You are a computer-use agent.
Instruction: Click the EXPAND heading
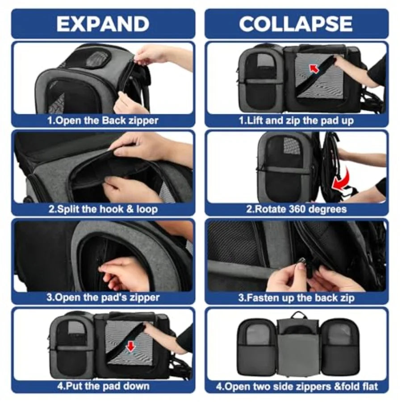coord(103,24)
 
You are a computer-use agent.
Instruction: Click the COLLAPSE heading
coord(296,24)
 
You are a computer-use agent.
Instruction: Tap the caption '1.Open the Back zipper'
coord(103,120)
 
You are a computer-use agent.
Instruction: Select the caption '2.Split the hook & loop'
coord(103,209)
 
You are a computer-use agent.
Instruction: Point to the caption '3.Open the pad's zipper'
coord(103,297)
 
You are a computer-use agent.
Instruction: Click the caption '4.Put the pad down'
coord(103,386)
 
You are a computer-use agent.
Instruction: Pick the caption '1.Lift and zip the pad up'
coord(297,120)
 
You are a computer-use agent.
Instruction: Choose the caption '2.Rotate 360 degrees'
coord(297,209)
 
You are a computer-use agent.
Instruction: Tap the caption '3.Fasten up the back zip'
coord(297,297)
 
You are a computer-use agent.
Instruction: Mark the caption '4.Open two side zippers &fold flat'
coord(297,386)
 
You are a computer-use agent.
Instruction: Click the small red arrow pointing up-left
coord(314,69)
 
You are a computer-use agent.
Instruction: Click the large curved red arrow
coord(341,180)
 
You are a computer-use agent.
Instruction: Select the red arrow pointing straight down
coord(131,347)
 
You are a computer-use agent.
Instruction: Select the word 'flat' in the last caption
coord(369,386)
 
